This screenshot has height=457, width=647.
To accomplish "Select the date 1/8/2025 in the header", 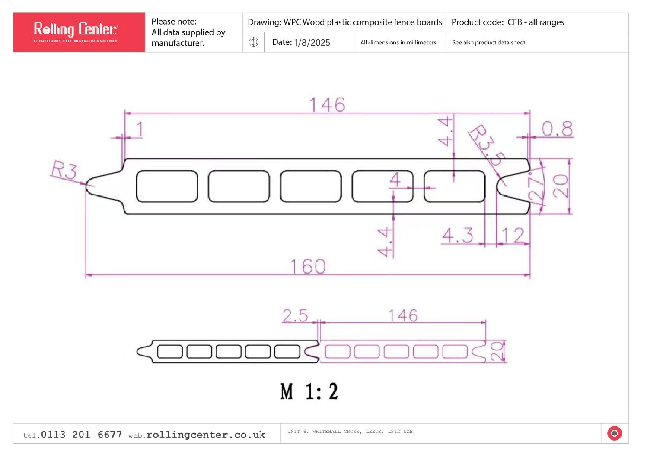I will [312, 42].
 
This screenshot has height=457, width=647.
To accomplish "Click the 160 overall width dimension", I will [307, 267].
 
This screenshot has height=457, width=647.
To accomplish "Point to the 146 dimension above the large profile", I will [327, 105].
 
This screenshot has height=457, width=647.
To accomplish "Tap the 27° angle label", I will [536, 188].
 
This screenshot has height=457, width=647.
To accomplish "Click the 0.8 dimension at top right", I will [557, 129].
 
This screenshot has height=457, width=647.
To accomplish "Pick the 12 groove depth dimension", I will [513, 236].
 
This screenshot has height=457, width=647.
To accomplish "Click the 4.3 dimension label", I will [458, 236].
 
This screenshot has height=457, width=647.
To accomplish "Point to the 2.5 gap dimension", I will [295, 316].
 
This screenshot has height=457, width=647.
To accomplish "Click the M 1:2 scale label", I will [309, 392].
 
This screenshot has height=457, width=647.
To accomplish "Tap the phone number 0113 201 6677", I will [81, 435].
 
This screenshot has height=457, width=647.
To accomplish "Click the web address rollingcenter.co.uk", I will [206, 435].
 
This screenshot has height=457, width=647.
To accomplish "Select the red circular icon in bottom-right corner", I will [614, 433].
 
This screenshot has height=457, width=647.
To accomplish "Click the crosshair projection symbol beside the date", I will [254, 42].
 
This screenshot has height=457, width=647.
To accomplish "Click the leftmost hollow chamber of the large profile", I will [167, 186].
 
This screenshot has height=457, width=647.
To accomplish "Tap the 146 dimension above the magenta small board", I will [402, 316].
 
